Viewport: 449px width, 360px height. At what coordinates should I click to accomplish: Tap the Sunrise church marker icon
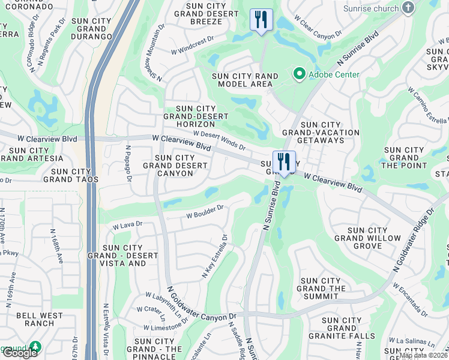coord(408,8)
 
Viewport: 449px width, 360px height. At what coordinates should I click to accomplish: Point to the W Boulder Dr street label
coord(205,212)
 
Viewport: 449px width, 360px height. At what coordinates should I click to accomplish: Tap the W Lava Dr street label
coord(127,225)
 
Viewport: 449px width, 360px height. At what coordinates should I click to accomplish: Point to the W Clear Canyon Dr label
coord(318,26)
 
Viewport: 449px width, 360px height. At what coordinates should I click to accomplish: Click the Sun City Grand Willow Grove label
coord(367,238)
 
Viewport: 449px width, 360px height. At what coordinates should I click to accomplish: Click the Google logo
coord(20,353)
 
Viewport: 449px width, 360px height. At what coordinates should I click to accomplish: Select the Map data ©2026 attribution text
coord(423,356)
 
